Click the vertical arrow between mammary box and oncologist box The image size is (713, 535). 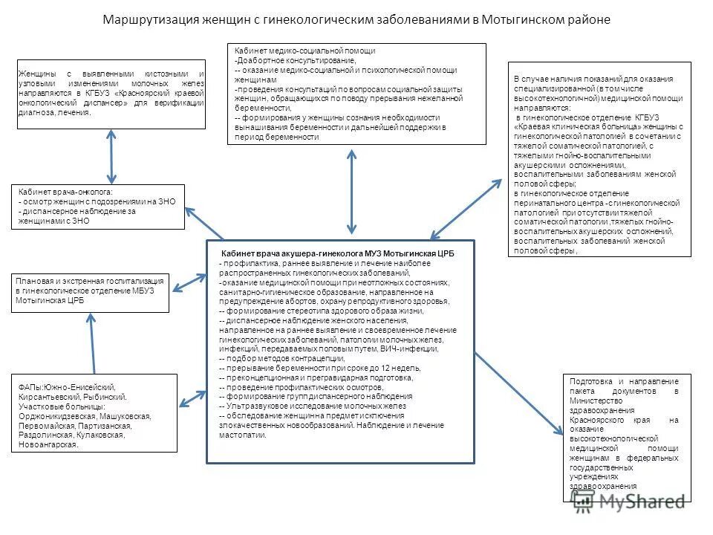click(111, 156)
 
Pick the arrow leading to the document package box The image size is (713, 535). click(520, 393)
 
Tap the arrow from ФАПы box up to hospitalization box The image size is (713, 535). click(93, 343)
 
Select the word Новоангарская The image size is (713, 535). click(46, 445)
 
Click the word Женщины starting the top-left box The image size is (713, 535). click(36, 74)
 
